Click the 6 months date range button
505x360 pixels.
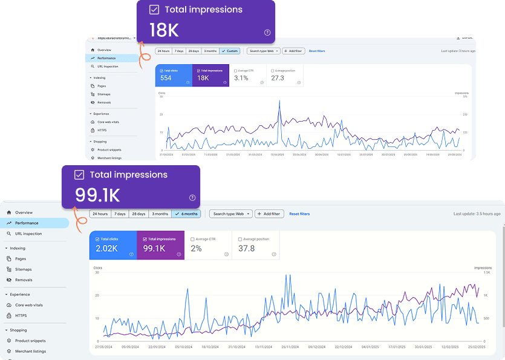click(x=186, y=214)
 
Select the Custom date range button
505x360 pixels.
click(x=230, y=51)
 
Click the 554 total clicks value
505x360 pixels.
click(x=166, y=78)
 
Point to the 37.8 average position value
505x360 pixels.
click(x=247, y=249)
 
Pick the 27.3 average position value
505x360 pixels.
click(x=278, y=78)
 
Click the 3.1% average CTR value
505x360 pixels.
click(x=241, y=78)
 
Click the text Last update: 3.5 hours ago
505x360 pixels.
click(x=477, y=214)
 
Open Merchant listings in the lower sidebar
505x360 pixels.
click(x=30, y=351)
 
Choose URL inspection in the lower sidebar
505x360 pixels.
click(x=28, y=233)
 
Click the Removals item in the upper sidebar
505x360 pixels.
click(x=103, y=103)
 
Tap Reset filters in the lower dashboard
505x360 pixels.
click(x=299, y=214)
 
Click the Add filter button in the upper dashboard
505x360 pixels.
click(x=293, y=51)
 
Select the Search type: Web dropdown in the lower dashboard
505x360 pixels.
click(x=230, y=214)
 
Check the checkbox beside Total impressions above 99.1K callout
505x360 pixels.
click(x=79, y=175)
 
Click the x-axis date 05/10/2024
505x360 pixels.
click(x=184, y=347)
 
